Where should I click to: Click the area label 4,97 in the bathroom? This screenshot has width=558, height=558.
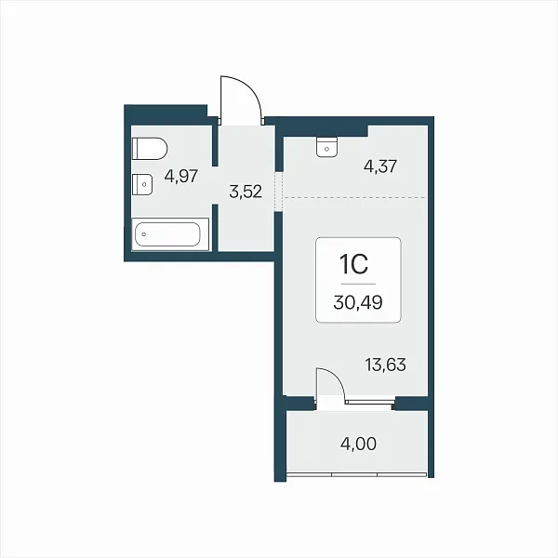coord(180,176)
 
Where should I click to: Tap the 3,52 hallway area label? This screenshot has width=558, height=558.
coord(246,192)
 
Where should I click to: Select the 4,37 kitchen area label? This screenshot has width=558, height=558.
coord(380,166)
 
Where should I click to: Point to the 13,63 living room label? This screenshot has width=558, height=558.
coord(385,365)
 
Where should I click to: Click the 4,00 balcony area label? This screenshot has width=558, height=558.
coord(358,445)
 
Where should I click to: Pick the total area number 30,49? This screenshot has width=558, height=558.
coord(358,302)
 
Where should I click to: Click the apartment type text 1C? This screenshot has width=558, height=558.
coord(354,265)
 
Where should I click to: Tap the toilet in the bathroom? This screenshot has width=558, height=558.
coord(150,149)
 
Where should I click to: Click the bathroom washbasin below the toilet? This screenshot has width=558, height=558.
coord(142,184)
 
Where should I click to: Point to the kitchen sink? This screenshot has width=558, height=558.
coord(326,147)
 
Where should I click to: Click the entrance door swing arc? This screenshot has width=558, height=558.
coord(249,89)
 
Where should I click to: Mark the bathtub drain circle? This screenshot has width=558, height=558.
coord(144,234)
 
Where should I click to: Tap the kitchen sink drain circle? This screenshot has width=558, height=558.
coord(327,150)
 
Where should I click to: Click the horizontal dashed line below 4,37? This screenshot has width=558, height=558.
coord(355,197)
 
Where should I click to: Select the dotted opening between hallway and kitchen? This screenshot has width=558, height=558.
coord(279,193)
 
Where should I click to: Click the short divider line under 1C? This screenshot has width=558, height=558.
coord(358,284)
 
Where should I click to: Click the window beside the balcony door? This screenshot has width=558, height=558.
coord(370,402)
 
